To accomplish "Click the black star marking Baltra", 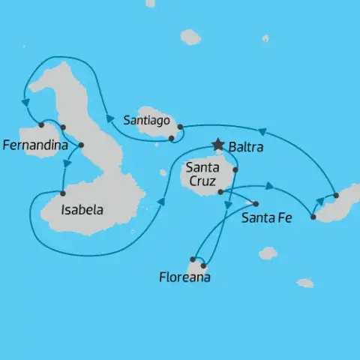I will click(218, 144).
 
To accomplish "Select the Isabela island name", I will click(82, 210).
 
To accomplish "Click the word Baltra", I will click(245, 148).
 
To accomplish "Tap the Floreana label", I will click(184, 277).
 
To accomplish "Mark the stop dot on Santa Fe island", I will click(256, 204).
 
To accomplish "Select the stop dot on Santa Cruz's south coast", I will click(220, 192).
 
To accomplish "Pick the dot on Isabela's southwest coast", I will click(62, 194).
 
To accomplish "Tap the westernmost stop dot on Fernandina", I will click(41, 124).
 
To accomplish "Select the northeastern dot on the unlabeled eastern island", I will click(336, 196).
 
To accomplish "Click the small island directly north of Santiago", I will click(190, 37).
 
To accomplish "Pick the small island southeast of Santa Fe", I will click(268, 253).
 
